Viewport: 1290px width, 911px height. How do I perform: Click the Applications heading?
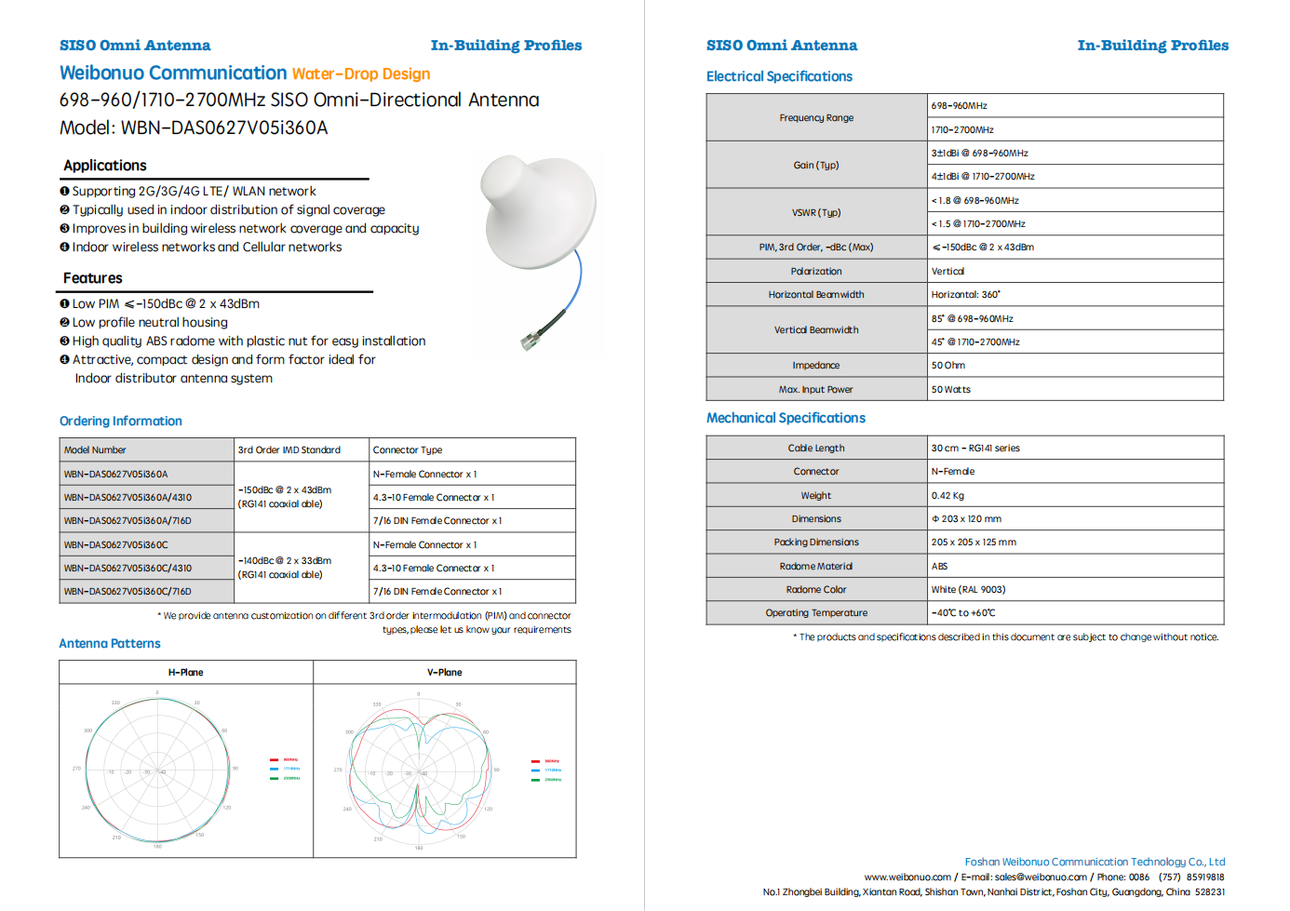pyautogui.click(x=105, y=166)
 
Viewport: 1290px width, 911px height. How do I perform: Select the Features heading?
pyautogui.click(x=93, y=278)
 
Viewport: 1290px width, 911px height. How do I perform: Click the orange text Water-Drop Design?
pyautogui.click(x=361, y=74)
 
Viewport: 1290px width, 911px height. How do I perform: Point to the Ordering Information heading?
pyautogui.click(x=121, y=422)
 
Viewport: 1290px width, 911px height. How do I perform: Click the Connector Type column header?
pyautogui.click(x=408, y=450)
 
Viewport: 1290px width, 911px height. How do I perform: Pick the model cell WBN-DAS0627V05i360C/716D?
pyautogui.click(x=128, y=592)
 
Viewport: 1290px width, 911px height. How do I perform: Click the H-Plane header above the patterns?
pyautogui.click(x=186, y=673)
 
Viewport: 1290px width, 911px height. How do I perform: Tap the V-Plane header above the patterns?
pyautogui.click(x=445, y=673)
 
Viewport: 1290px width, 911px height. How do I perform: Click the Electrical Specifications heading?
pyautogui.click(x=779, y=76)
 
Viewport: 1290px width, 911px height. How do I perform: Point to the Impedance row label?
pyautogui.click(x=816, y=366)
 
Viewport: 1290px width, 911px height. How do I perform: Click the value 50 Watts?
pyautogui.click(x=951, y=390)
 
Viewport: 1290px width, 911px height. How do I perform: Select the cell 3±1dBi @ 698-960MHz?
pyautogui.click(x=980, y=154)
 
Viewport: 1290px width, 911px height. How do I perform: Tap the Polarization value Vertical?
pyautogui.click(x=948, y=272)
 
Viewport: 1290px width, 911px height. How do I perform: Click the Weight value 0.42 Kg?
pyautogui.click(x=948, y=496)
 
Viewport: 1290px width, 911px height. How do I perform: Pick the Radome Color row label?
pyautogui.click(x=816, y=590)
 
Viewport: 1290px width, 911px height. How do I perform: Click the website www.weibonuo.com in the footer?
pyautogui.click(x=907, y=878)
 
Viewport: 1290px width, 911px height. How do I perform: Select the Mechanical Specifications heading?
pyautogui.click(x=786, y=419)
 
